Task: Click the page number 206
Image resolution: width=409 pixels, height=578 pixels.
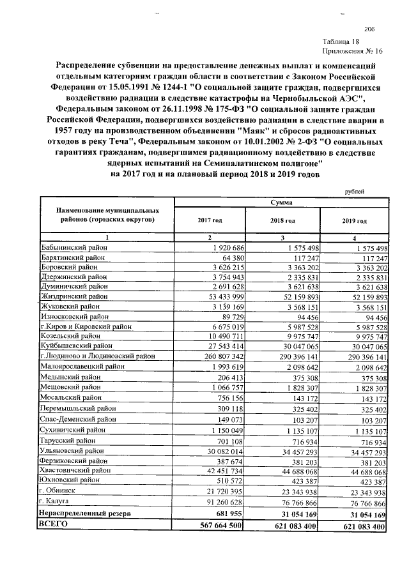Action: (x=369, y=29)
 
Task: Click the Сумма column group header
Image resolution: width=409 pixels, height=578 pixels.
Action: (x=281, y=202)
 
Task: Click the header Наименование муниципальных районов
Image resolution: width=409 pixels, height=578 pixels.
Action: (x=106, y=214)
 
